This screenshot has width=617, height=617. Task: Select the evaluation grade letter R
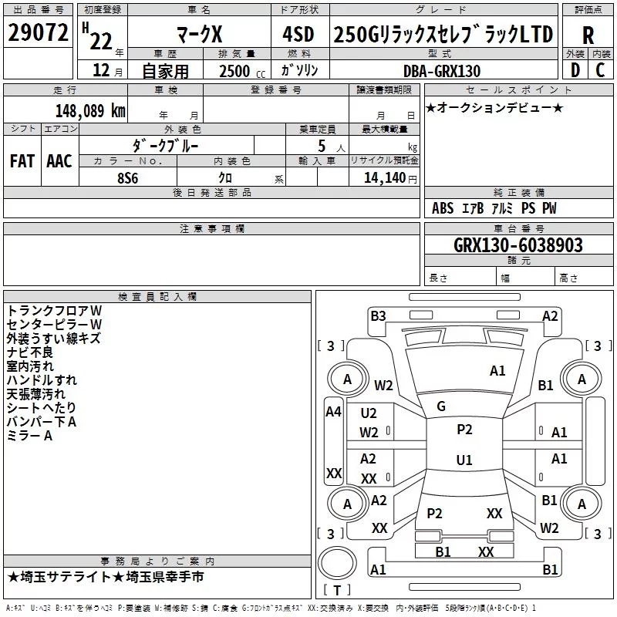click(x=588, y=35)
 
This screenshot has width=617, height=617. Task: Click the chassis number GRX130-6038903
click(x=518, y=245)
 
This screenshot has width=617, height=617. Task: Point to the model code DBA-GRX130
click(x=442, y=71)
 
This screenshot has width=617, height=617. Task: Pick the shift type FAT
click(x=22, y=161)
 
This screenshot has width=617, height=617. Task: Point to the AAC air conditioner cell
click(x=59, y=161)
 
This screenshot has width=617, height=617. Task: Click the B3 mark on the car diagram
click(x=378, y=315)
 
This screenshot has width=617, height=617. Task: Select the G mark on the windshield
click(x=441, y=406)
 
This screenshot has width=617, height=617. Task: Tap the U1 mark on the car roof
click(x=464, y=460)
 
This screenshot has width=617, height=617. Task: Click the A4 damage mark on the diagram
click(x=333, y=412)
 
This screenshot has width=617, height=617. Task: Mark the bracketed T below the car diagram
click(x=337, y=590)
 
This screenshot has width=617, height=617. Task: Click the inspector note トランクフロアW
click(x=54, y=310)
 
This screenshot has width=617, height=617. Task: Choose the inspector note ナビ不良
click(x=30, y=352)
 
